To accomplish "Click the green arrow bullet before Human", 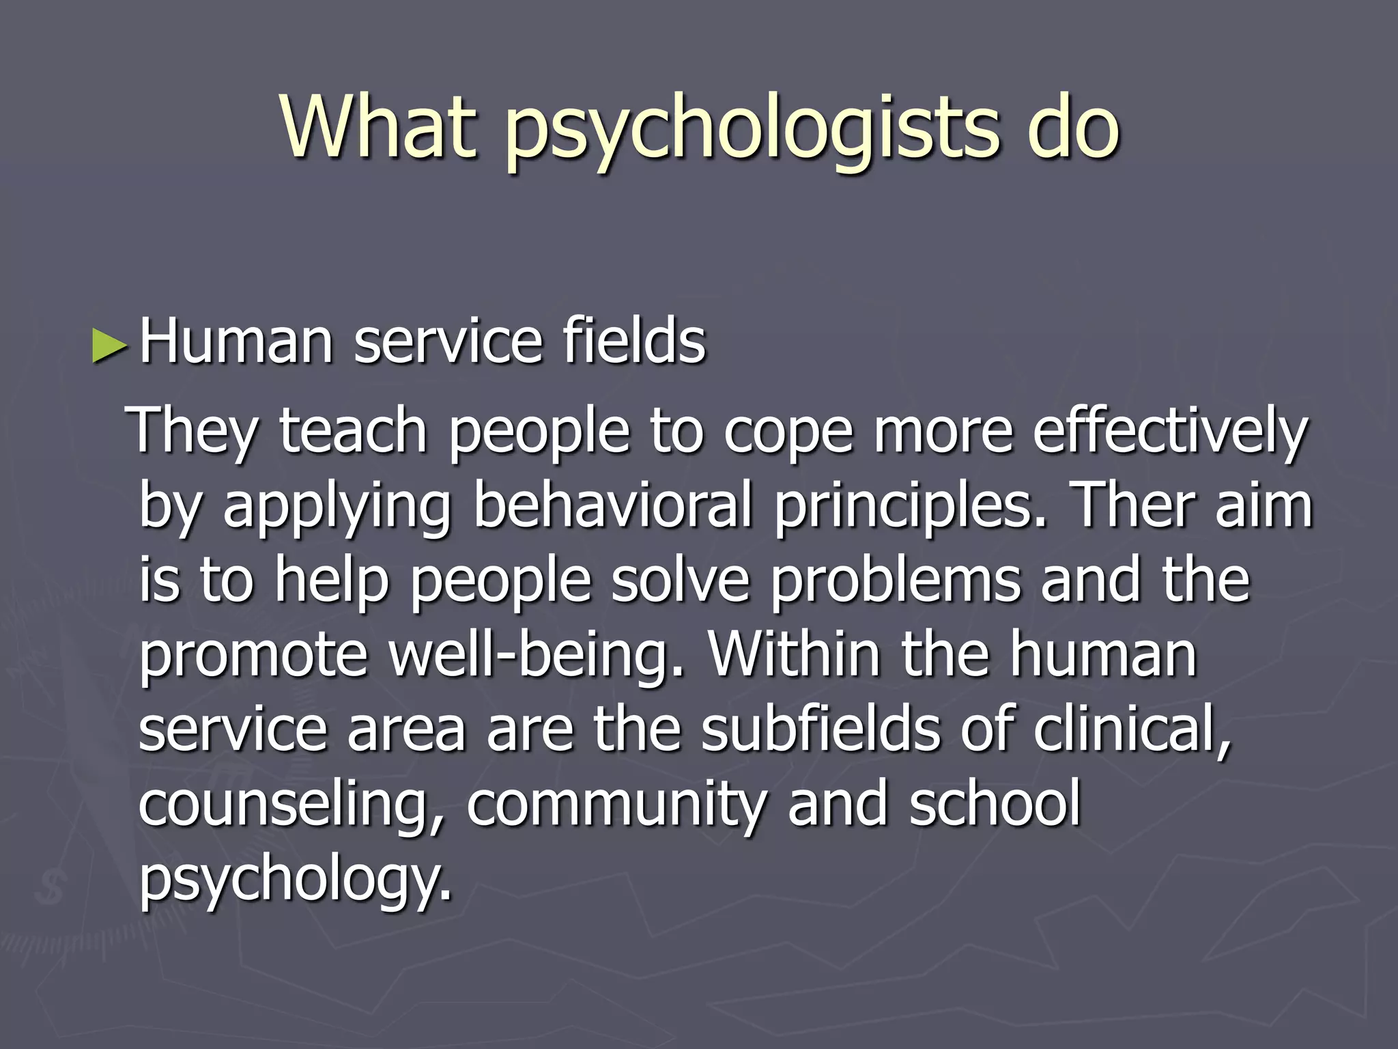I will pyautogui.click(x=109, y=344).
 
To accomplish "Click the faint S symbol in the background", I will pyautogui.click(x=49, y=887).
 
